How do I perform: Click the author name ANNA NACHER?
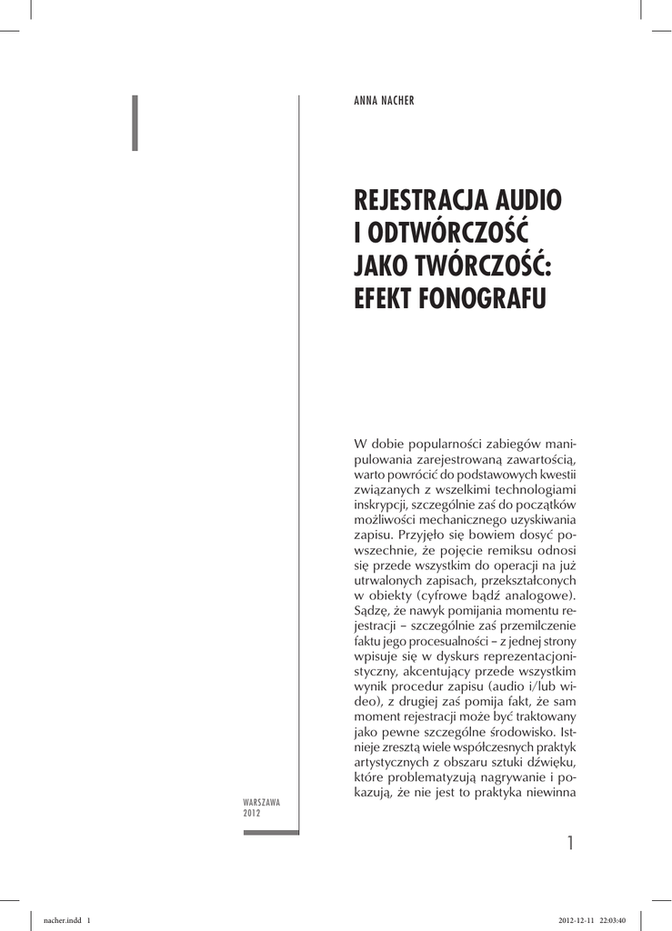[384, 101]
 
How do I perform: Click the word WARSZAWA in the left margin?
[261, 803]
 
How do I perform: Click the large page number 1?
[570, 844]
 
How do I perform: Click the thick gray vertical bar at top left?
[135, 122]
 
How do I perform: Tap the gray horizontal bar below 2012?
[271, 832]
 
